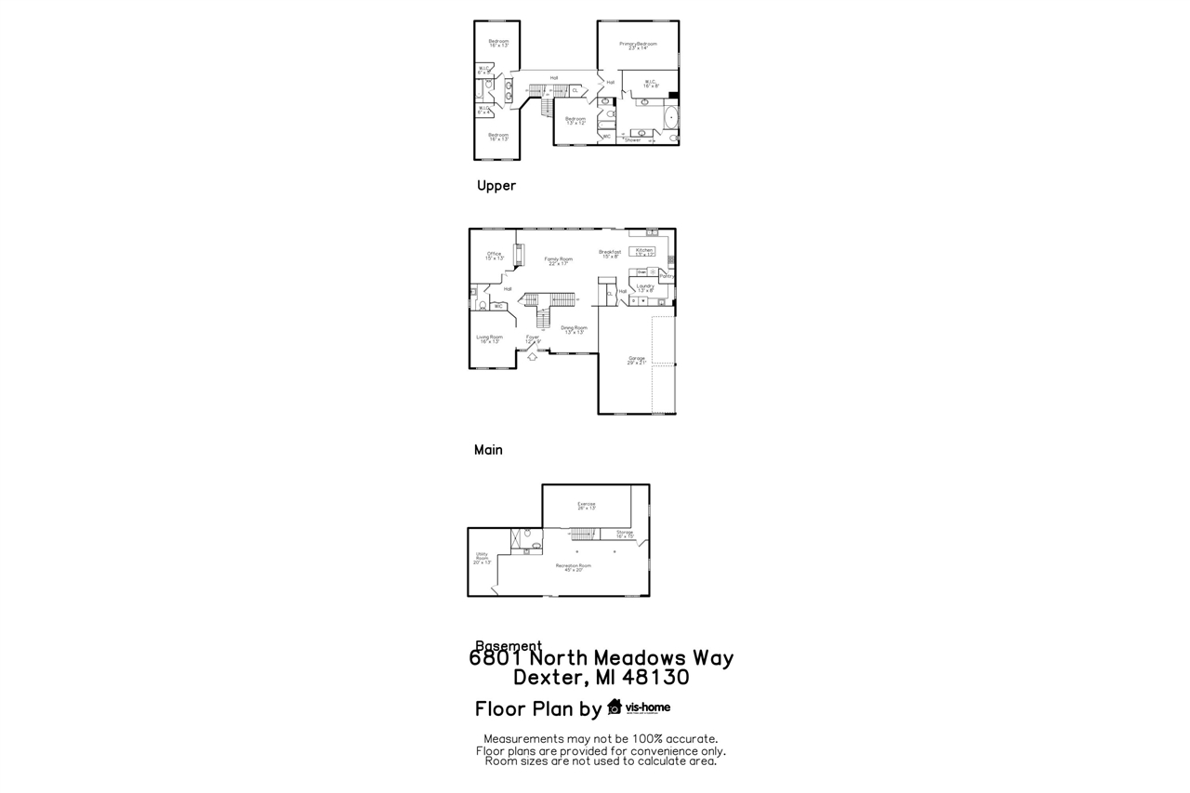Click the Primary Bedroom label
(x=638, y=45)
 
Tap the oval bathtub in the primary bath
(x=672, y=117)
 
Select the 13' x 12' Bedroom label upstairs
(x=575, y=120)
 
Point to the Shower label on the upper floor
(x=633, y=140)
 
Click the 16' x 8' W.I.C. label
(x=650, y=84)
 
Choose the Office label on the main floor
(x=494, y=256)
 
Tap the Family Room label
(x=558, y=260)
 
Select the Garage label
(x=637, y=360)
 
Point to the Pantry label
(x=667, y=276)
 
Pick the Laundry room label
(x=645, y=287)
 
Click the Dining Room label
(x=574, y=329)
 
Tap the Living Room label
(x=489, y=338)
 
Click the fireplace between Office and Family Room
(x=518, y=253)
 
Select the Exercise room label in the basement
(x=586, y=506)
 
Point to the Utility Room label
(x=482, y=558)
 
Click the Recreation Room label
(x=573, y=567)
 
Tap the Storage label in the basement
(x=624, y=534)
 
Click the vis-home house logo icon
(x=615, y=707)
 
